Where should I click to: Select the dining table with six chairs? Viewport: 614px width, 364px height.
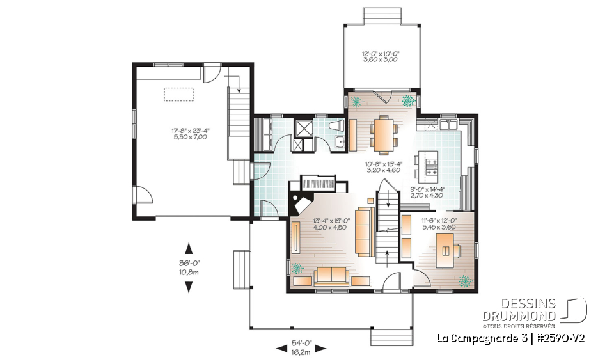[382, 132]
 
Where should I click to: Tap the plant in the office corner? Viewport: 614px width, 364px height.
[465, 280]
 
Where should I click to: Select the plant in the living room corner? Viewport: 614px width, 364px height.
[297, 269]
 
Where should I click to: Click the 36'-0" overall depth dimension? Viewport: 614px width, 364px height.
[189, 267]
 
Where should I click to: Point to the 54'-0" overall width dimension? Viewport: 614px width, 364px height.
[301, 348]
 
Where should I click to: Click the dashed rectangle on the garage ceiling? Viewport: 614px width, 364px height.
[179, 94]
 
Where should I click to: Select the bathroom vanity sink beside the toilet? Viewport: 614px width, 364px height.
[342, 142]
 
